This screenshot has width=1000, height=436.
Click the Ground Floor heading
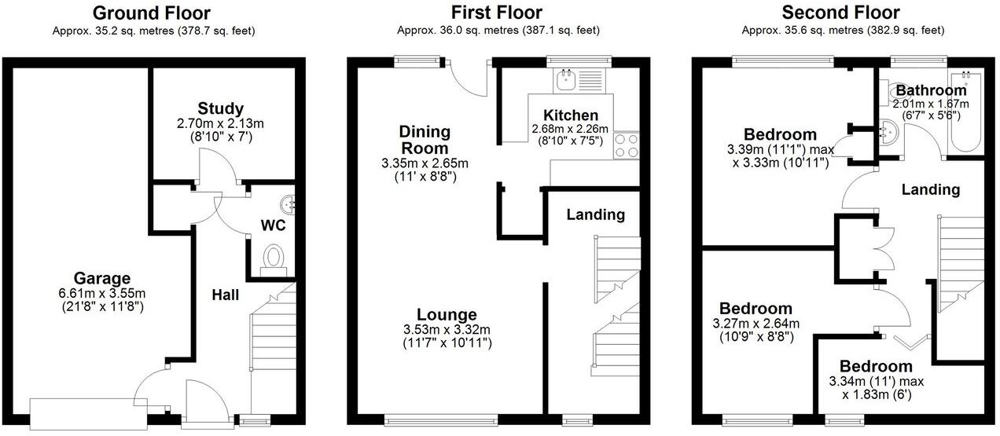point(152,13)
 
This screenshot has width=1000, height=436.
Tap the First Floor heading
point(497,13)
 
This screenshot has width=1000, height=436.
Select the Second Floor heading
point(840,13)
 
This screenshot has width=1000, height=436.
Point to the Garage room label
point(102,278)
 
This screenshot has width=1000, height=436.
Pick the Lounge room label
point(447,315)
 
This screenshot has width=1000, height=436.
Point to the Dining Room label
point(425,139)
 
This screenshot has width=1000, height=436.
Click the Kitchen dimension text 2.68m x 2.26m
point(571,129)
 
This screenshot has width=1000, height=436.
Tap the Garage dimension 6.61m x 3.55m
point(102,293)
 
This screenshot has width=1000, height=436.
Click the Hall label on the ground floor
point(225,295)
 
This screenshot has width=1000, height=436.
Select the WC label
point(272,225)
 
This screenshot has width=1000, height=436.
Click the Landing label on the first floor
point(595,214)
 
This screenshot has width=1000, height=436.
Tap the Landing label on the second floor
point(930,189)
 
